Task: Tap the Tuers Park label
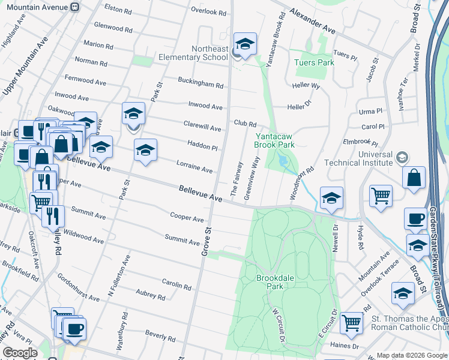coord(313,62)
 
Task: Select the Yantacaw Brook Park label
coord(274,140)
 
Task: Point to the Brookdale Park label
coord(274,283)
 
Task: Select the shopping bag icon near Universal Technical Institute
coord(415,178)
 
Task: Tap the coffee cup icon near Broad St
coord(415,219)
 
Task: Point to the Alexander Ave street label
coord(312,20)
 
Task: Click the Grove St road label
coord(205,241)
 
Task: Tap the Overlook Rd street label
coord(208,12)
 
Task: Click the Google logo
coord(20,353)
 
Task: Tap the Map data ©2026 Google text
coord(411,355)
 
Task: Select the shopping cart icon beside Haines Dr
coord(351,323)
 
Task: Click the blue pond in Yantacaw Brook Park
coord(283,161)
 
